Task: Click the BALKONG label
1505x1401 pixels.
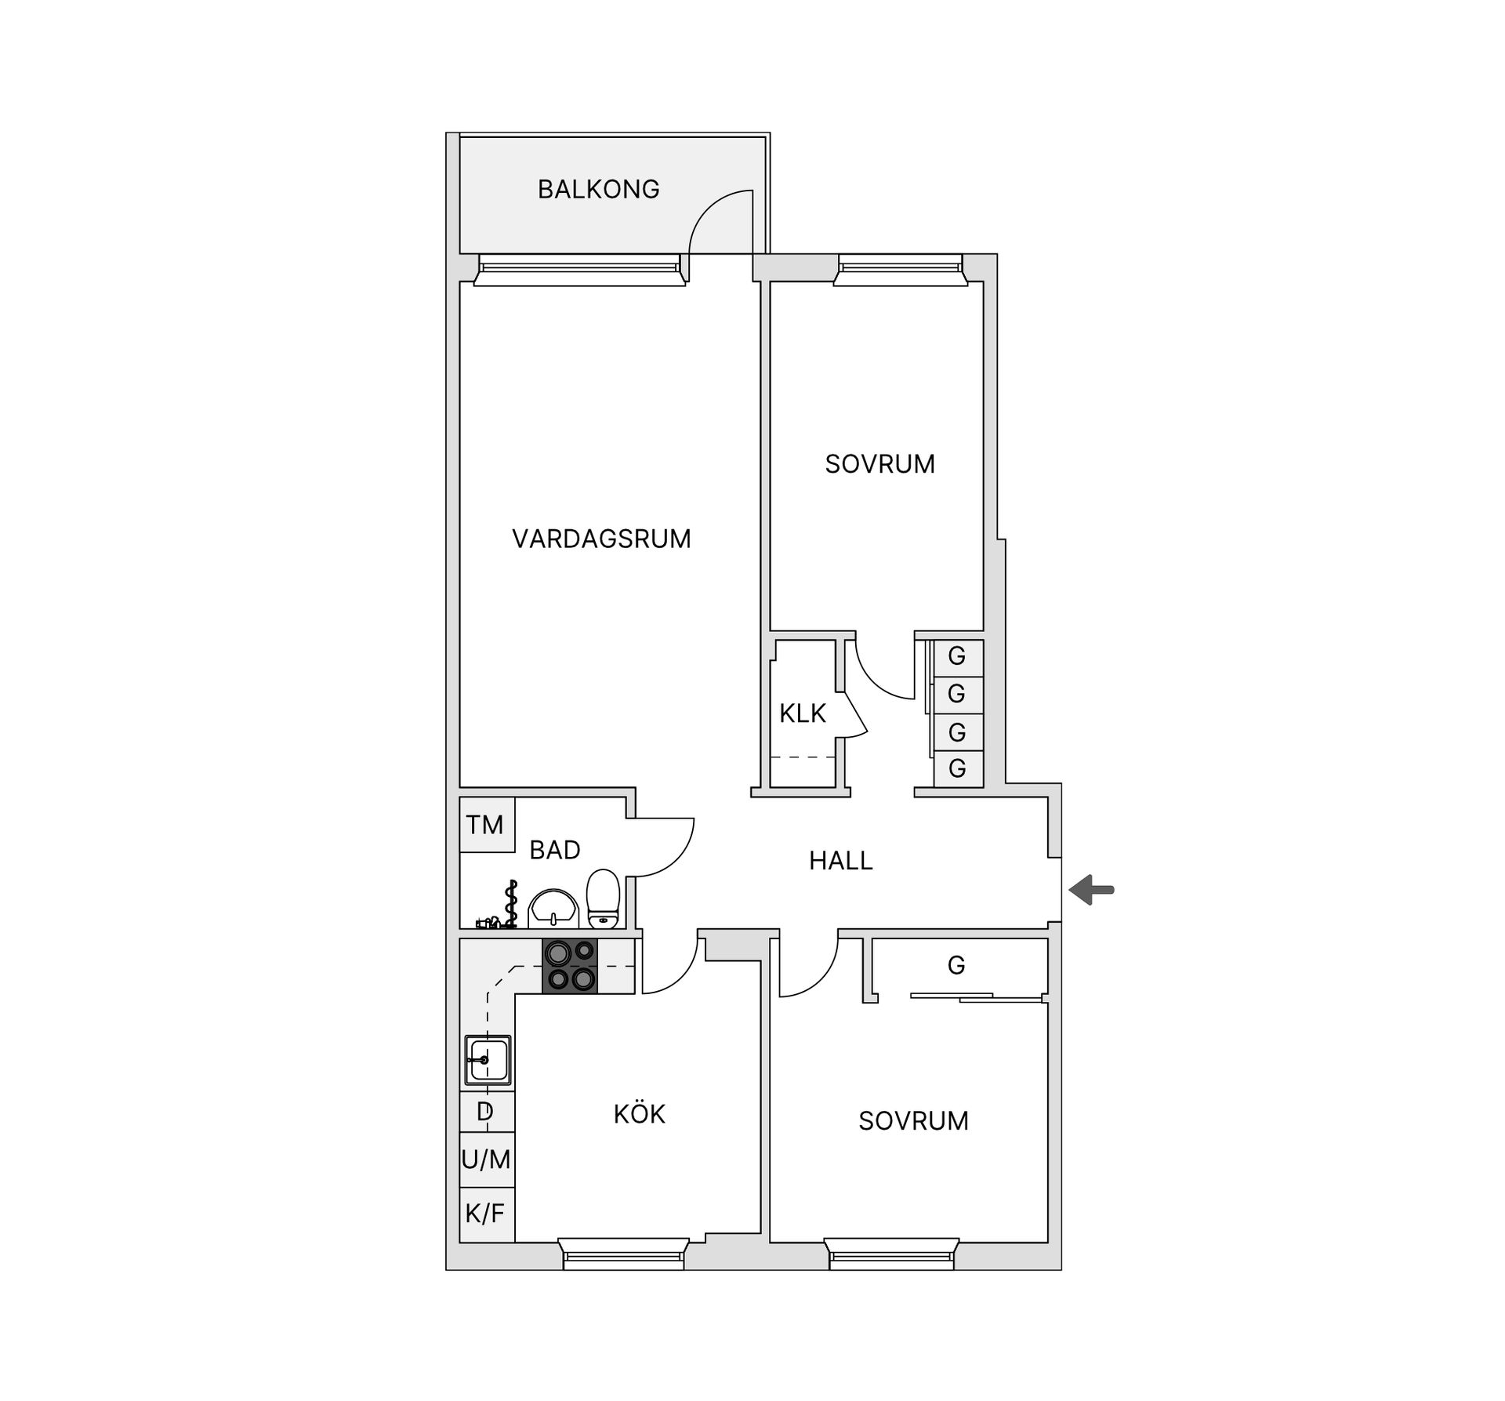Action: tap(598, 189)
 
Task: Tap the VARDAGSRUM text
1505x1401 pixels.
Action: tap(601, 539)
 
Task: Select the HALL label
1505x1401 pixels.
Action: tap(840, 861)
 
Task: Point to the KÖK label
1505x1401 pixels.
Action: tap(639, 1114)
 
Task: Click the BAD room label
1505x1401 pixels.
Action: tap(554, 850)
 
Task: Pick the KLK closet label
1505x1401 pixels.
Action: tap(803, 713)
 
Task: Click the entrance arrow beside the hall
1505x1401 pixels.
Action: tap(1091, 890)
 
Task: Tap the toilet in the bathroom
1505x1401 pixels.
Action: tap(603, 898)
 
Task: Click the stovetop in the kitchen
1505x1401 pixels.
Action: tap(570, 966)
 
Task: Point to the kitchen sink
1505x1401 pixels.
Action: tap(488, 1060)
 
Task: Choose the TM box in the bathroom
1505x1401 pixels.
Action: tap(485, 825)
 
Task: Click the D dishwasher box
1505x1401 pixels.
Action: tap(486, 1111)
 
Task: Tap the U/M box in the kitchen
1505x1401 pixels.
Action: tap(486, 1159)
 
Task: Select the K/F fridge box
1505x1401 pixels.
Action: tap(486, 1214)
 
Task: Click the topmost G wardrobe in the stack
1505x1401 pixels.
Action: tap(957, 657)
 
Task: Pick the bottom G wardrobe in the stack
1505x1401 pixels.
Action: tap(957, 769)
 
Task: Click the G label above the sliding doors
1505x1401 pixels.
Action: tap(956, 965)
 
